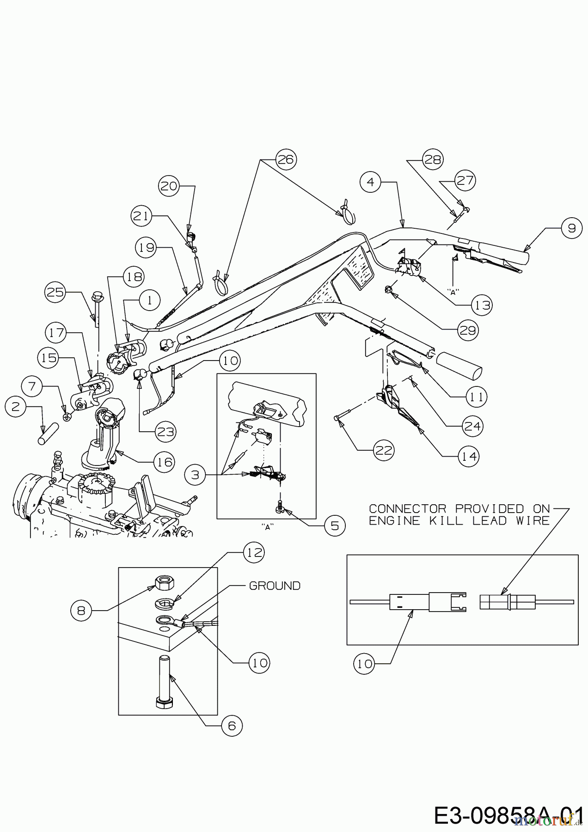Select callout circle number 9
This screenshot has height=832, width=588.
pyautogui.click(x=572, y=228)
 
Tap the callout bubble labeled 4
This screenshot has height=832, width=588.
pyautogui.click(x=370, y=182)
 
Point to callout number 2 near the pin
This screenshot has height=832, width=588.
pyautogui.click(x=16, y=407)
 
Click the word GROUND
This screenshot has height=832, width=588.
pyautogui.click(x=275, y=586)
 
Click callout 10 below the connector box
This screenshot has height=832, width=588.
pyautogui.click(x=365, y=664)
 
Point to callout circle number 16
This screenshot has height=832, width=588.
pyautogui.click(x=164, y=461)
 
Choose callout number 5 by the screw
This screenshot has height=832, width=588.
pyautogui.click(x=335, y=525)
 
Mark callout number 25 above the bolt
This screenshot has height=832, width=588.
pyautogui.click(x=56, y=292)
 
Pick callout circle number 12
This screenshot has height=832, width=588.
pyautogui.click(x=254, y=552)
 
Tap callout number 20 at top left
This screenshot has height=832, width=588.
pyautogui.click(x=170, y=186)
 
